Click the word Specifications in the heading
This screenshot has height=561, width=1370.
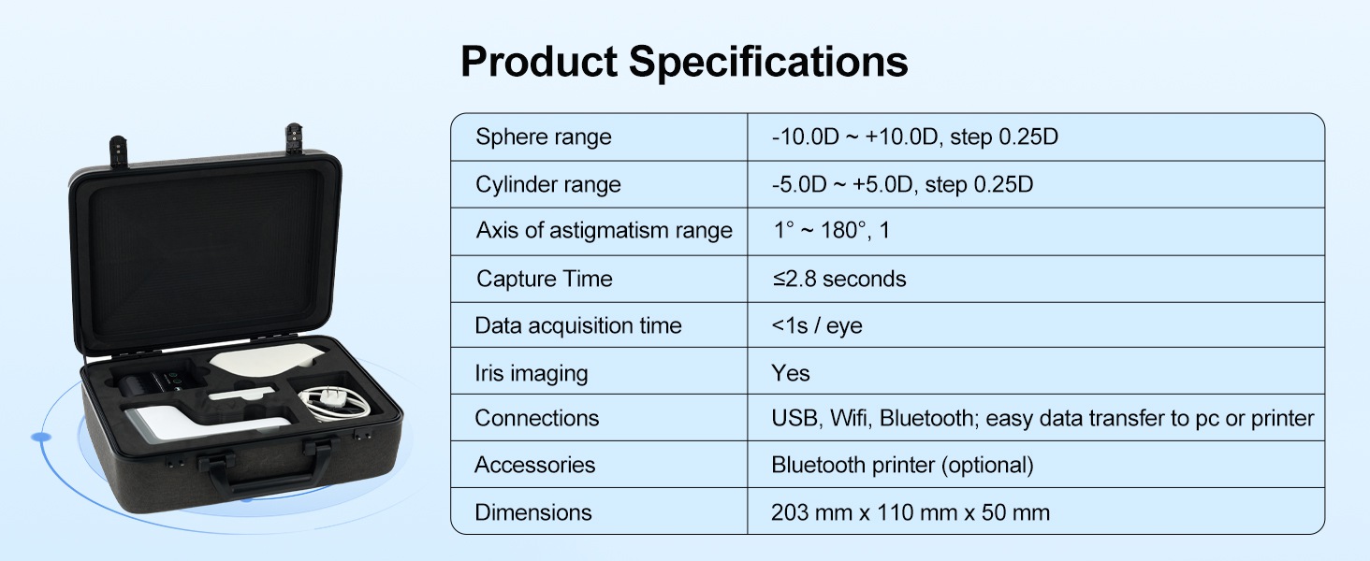pos(768,63)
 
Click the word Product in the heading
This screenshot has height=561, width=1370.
pos(539,63)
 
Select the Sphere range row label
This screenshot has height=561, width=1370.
pos(543,137)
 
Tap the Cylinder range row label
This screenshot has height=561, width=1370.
pos(548,184)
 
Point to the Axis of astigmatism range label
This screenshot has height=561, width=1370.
pos(604,230)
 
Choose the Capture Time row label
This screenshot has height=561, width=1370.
pos(545,279)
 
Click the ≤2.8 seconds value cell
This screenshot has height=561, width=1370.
pos(838,279)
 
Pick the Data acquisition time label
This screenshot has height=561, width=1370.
pos(578,325)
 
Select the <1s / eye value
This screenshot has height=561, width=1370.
pos(817,325)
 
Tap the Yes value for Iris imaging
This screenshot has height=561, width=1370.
pos(790,373)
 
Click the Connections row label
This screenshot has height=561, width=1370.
pos(536,418)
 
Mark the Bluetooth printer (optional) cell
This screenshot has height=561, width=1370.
pos(902,465)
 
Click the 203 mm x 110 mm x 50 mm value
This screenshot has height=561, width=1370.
pos(911,512)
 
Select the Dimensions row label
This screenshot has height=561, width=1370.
pos(532,512)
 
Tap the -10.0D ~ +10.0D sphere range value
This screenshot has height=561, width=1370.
pos(855,137)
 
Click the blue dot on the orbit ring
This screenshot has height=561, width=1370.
pos(41,437)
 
